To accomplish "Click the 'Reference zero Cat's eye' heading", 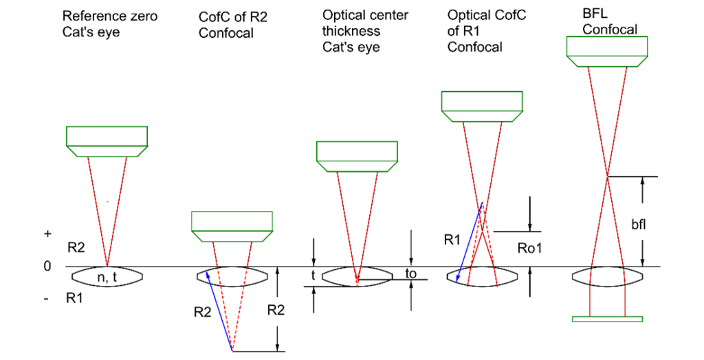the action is point(110,24).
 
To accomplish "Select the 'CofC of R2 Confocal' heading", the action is point(233,25).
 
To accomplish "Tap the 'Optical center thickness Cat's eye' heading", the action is point(365,31).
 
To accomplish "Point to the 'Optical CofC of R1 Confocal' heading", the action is point(487,31).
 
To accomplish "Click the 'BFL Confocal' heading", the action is point(610,21).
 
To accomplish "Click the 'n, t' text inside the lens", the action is point(107,278).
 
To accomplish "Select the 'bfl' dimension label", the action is point(639,224).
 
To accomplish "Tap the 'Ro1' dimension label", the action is point(530,248).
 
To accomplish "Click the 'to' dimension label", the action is point(410,273).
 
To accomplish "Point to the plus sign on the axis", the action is point(47,234).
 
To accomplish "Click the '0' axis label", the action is point(47,266).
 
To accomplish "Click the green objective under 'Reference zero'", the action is point(107,142).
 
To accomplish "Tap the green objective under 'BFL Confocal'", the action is point(607,52).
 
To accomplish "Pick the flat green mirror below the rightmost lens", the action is point(608,319).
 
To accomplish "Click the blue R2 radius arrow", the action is point(219,311).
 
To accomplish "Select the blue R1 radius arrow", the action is point(470,243).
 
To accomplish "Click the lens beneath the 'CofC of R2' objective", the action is point(232,276).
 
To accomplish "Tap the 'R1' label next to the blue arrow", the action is point(452,240).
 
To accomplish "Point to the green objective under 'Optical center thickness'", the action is point(357,157).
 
